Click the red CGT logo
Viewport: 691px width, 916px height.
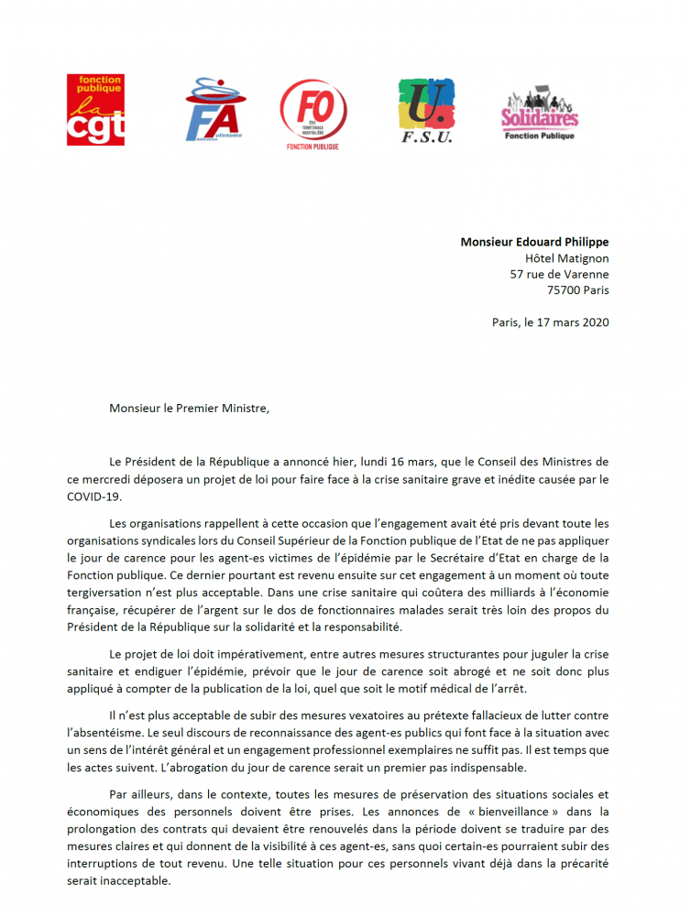point(95,110)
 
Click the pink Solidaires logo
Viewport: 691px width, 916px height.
point(540,114)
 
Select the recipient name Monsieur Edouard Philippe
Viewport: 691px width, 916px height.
point(534,242)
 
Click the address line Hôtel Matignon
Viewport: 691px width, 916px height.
point(565,258)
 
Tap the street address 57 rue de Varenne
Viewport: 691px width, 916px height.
point(559,274)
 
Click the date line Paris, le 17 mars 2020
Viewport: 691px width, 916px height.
point(550,322)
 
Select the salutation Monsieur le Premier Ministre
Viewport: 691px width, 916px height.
point(190,407)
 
